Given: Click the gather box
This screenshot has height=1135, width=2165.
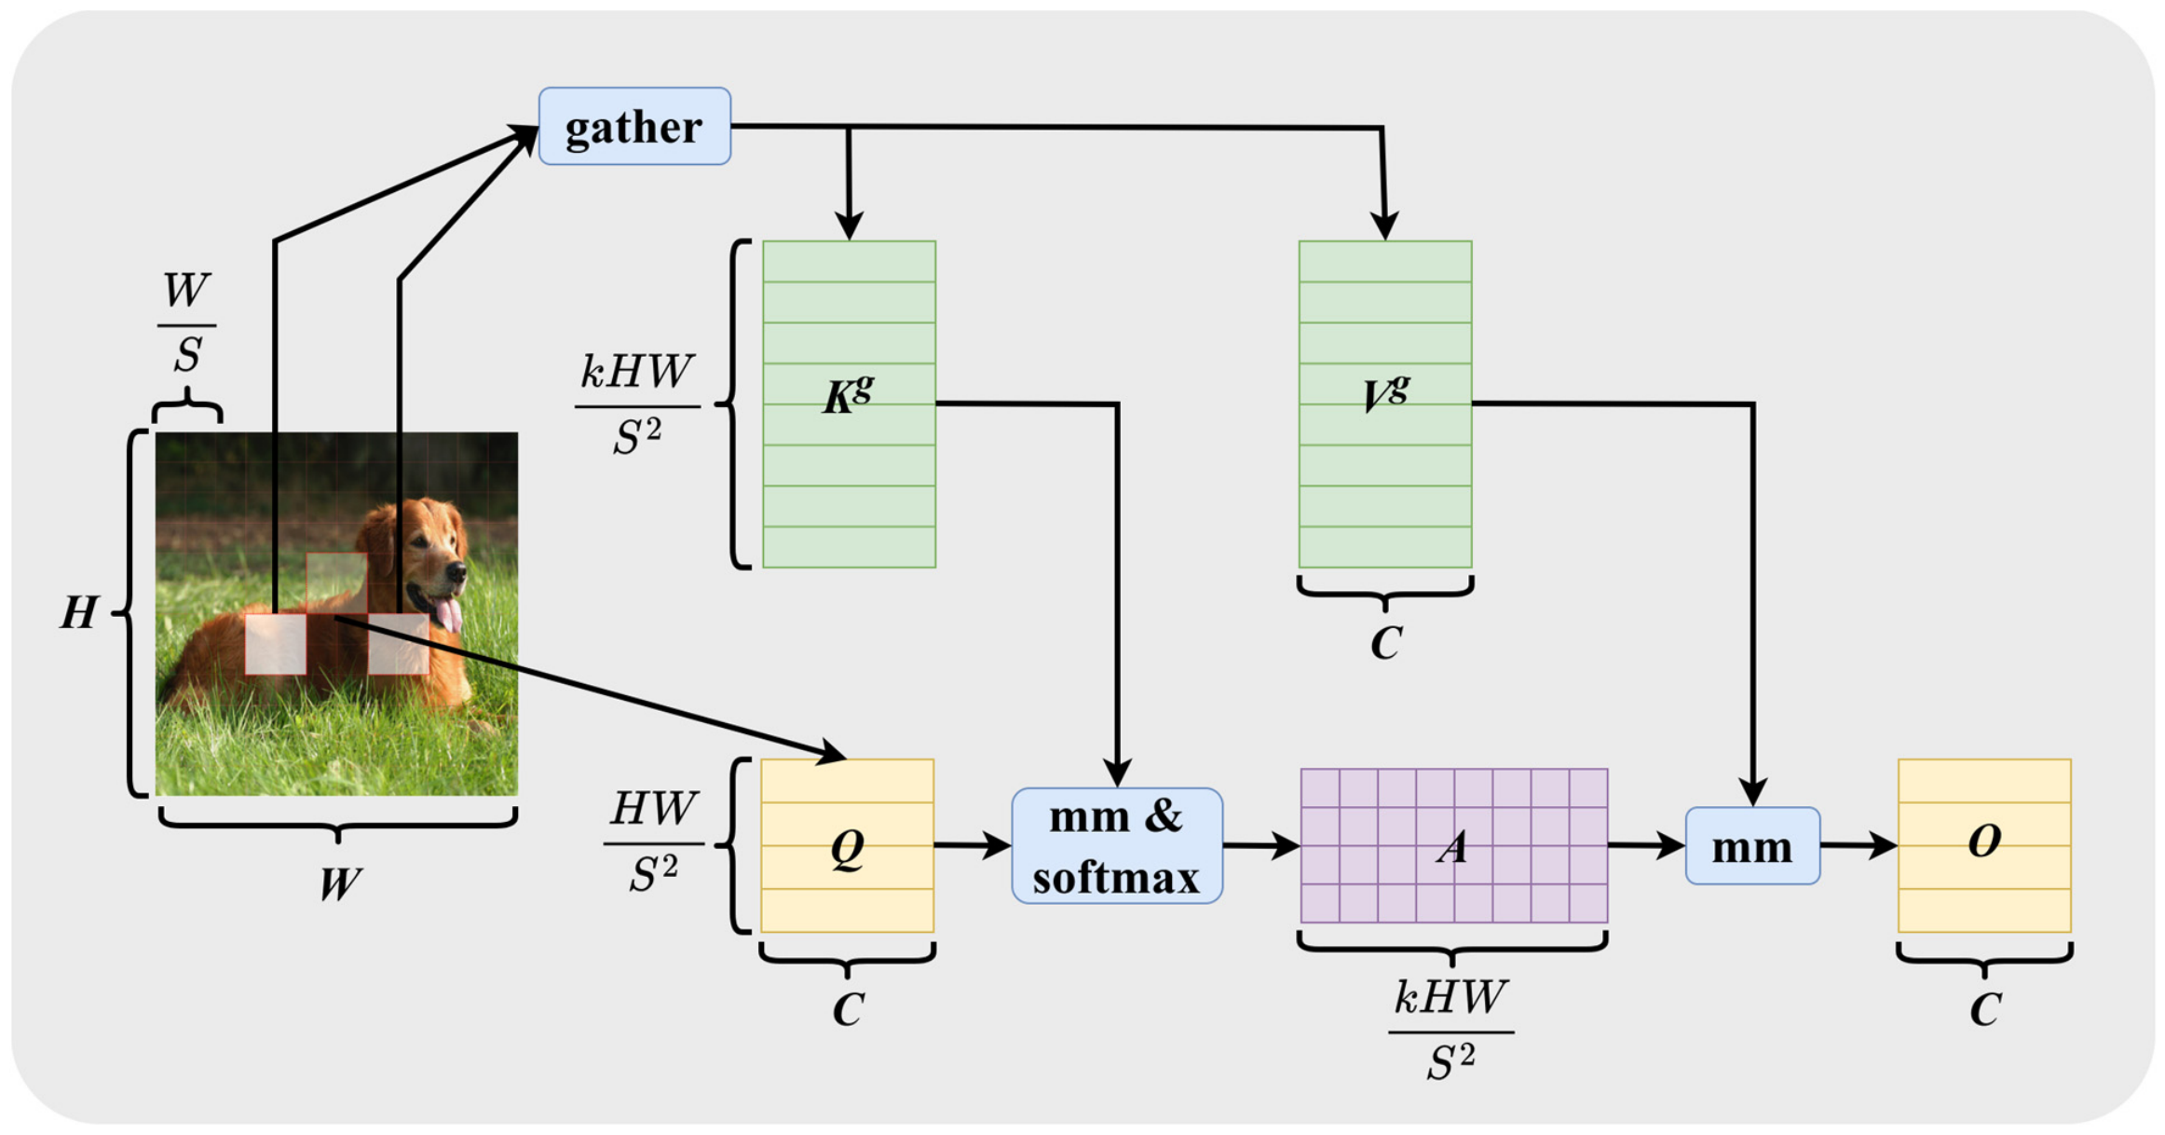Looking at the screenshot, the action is [634, 126].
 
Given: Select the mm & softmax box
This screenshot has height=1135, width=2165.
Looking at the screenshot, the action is [1117, 845].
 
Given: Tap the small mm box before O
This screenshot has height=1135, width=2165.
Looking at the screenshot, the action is [1752, 845].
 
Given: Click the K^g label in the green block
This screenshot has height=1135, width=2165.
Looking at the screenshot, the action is [848, 394].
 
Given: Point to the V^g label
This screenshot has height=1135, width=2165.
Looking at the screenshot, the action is [1385, 393].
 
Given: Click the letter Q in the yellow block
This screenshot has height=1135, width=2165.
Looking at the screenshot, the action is [848, 848].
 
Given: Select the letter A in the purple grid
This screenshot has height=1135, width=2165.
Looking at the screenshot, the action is [1452, 847].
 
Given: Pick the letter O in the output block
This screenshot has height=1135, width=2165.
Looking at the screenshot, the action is [1984, 841].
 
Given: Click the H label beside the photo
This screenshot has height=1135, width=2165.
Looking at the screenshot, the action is [79, 613].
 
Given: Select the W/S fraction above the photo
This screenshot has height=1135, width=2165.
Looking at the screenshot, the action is [187, 322].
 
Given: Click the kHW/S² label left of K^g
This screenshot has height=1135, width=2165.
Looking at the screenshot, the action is [637, 404].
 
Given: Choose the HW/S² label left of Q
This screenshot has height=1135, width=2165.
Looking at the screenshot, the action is [653, 842].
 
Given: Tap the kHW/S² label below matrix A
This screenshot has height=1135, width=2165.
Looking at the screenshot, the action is [1450, 1030].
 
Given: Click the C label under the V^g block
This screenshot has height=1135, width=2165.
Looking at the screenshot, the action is [1386, 643].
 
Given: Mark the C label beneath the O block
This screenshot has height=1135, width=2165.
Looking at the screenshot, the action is [1984, 1009].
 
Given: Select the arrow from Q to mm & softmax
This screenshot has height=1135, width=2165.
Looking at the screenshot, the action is [973, 845].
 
